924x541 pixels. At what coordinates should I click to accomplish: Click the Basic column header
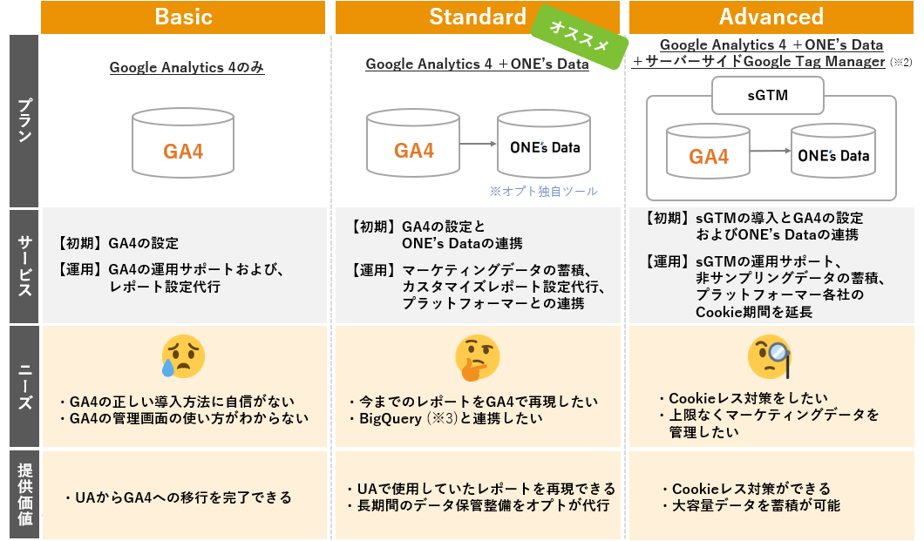coord(183,17)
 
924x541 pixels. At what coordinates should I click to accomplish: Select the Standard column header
coord(478,17)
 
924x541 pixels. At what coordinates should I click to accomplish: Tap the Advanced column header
coord(771,17)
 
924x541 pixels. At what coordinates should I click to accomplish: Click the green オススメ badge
coord(580,37)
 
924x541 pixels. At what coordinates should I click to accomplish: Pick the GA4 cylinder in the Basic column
coord(183,143)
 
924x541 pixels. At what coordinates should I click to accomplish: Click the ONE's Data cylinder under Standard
coord(543,144)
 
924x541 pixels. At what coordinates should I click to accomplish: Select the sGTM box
coord(767,95)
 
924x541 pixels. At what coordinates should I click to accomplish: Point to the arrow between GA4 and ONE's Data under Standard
coord(478,144)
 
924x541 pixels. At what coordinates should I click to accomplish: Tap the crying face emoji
coord(183,356)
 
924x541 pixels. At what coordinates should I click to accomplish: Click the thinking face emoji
coord(478,358)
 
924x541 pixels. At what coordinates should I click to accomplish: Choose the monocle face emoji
coord(770,356)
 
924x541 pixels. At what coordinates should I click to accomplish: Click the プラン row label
coord(24,121)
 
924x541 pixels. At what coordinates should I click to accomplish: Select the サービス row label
coord(24,266)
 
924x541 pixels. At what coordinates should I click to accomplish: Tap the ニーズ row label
coord(24,386)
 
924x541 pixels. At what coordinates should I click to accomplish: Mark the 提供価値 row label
coord(24,495)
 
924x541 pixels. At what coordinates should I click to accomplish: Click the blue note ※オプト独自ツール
coord(543,192)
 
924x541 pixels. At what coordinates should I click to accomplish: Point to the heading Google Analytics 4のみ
coord(187,68)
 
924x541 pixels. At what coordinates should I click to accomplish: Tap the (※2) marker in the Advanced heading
coord(901,63)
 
